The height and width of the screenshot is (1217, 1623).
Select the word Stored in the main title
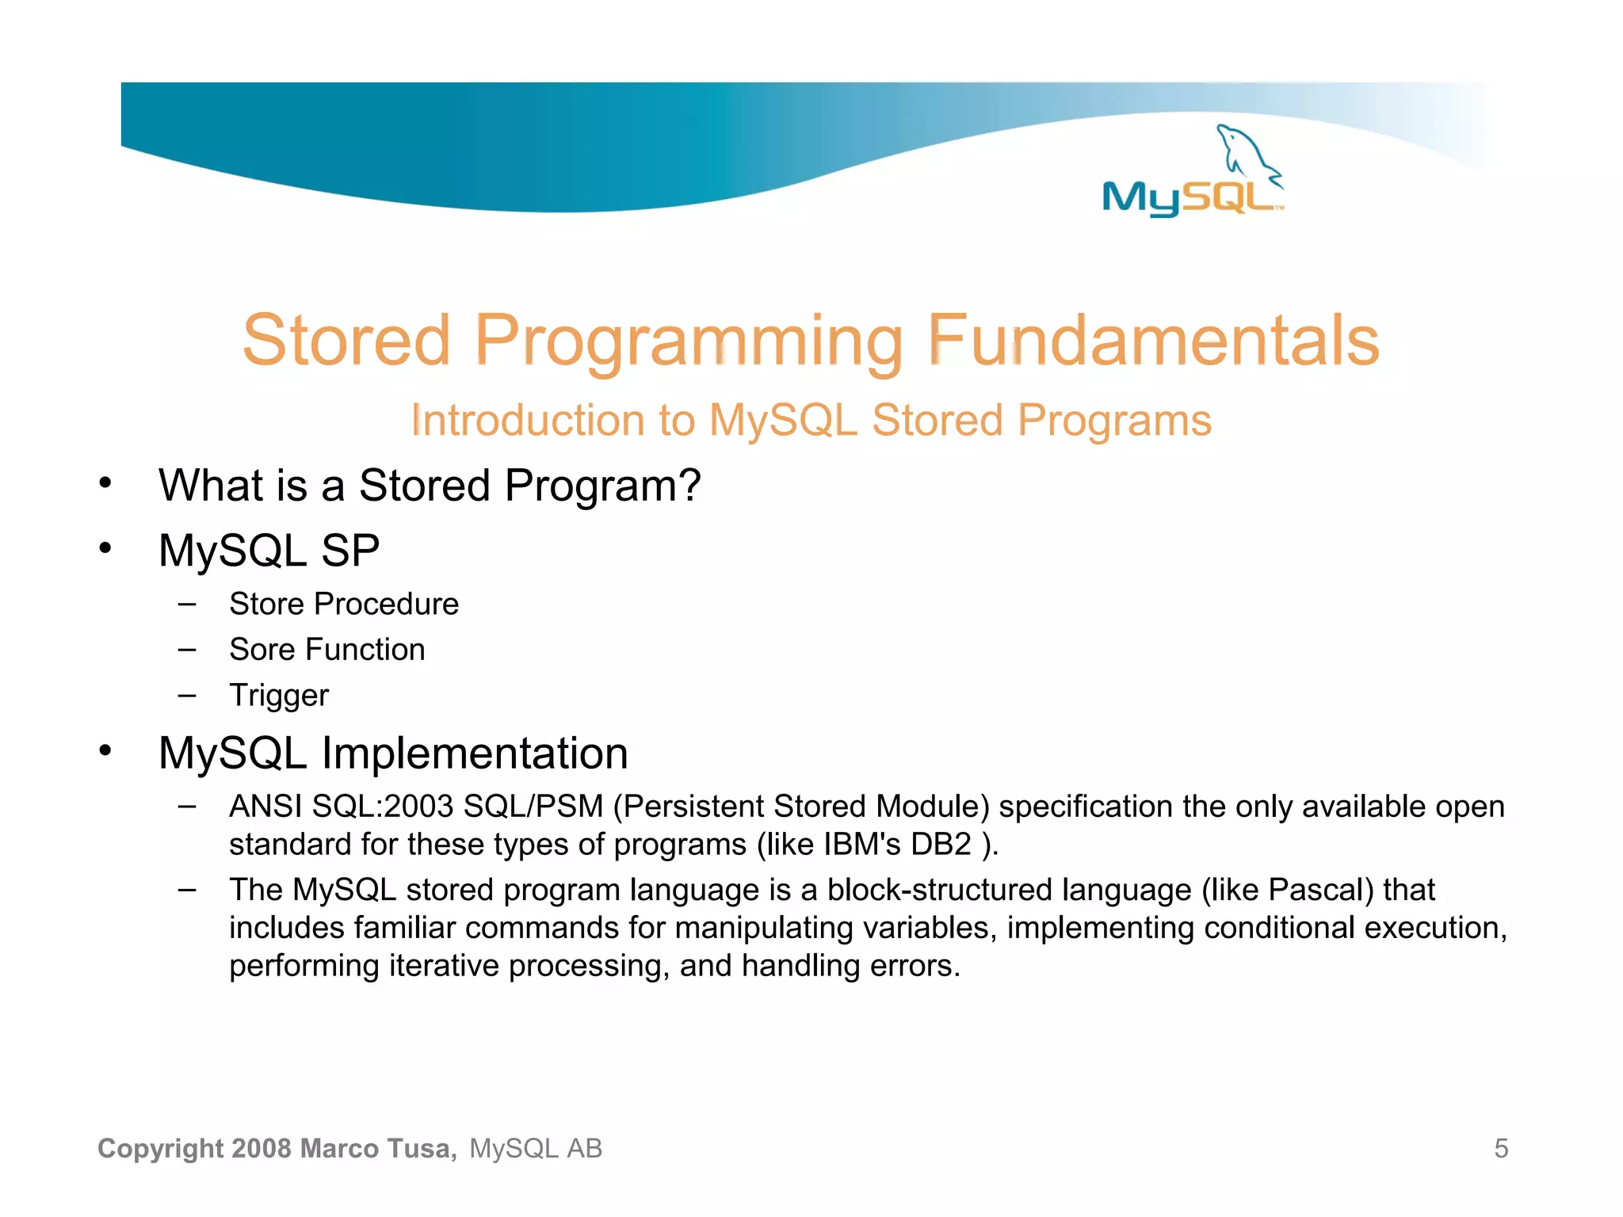(346, 341)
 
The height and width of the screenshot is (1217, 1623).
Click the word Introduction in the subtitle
(526, 420)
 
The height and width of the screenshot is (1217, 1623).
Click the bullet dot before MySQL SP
(105, 548)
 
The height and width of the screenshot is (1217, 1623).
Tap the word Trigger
(279, 696)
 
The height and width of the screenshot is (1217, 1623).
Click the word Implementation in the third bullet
(475, 753)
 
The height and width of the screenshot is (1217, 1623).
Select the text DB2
(941, 845)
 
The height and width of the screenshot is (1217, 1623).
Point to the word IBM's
(862, 845)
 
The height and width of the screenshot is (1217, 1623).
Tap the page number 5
(1501, 1148)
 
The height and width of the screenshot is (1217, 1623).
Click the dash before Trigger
(187, 696)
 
